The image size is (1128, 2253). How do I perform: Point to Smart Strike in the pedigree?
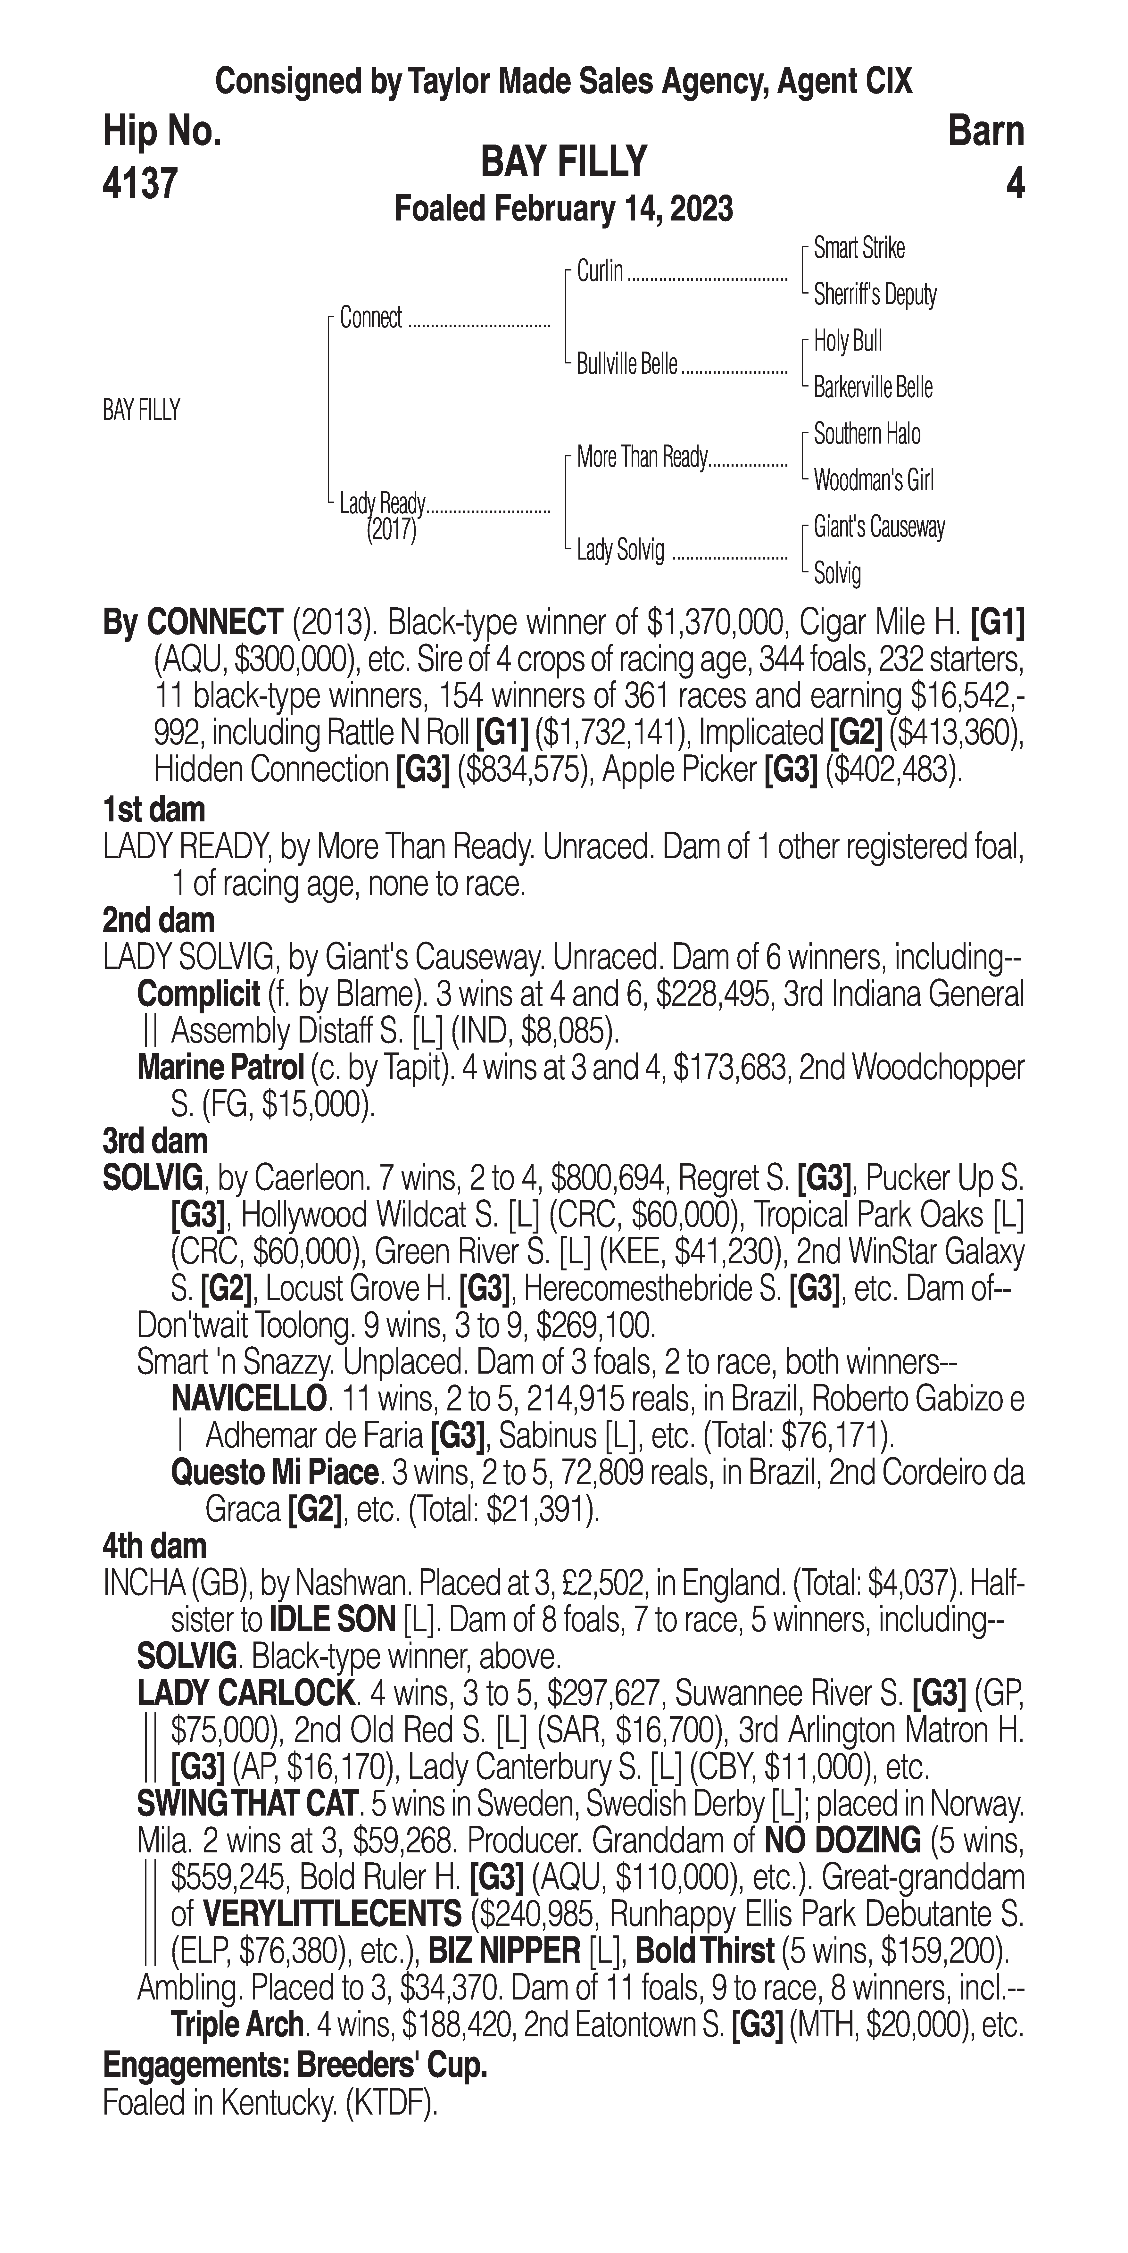(x=859, y=248)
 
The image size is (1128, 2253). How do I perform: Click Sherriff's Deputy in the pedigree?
(x=875, y=295)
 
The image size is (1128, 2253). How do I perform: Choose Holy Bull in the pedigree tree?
(x=847, y=341)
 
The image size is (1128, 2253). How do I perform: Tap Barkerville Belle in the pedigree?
(x=873, y=387)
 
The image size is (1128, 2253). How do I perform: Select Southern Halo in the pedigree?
(x=867, y=434)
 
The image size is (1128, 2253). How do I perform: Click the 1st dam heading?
(x=154, y=810)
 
